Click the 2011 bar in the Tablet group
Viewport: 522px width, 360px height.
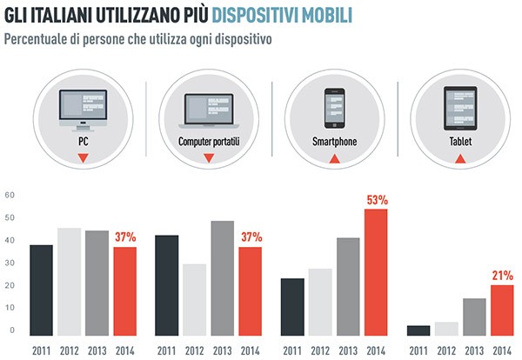click(x=420, y=330)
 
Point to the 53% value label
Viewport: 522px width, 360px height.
click(x=378, y=200)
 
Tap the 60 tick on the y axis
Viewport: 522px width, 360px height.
click(x=10, y=195)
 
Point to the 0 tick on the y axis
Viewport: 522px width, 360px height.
click(x=12, y=330)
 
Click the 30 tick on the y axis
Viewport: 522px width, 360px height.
click(x=10, y=263)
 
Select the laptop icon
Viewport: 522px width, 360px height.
click(x=208, y=107)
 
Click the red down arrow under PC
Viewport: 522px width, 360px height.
click(x=83, y=158)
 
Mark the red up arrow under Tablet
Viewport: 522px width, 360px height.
click(x=460, y=157)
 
